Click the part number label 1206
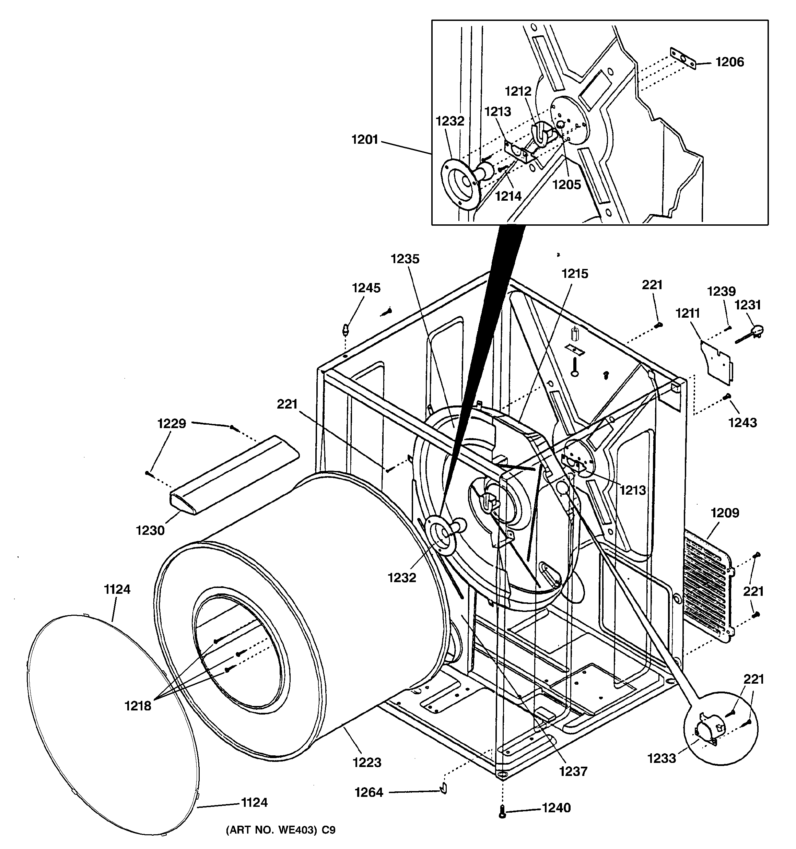pos(729,62)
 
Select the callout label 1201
pos(365,140)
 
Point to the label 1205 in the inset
pos(566,185)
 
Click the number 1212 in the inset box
pos(518,91)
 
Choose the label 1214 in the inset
pos(508,197)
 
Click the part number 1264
pos(369,793)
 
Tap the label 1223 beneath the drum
pos(367,762)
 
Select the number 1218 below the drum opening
pos(138,706)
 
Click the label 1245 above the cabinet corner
pos(366,288)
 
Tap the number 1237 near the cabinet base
pos(573,771)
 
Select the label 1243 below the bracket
pos(742,423)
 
